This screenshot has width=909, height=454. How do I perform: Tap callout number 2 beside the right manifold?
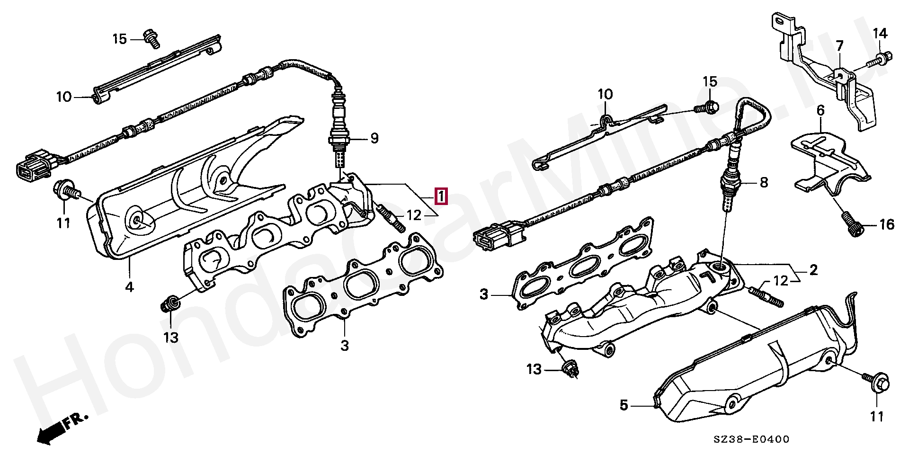[x=813, y=270]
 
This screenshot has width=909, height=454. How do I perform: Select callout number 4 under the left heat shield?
[x=129, y=286]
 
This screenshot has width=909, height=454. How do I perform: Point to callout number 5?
[x=624, y=405]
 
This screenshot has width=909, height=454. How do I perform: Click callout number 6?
[x=820, y=111]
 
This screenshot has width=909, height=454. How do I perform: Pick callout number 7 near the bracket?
[x=839, y=46]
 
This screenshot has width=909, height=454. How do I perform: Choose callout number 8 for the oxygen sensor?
[x=763, y=182]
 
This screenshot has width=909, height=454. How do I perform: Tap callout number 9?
[x=374, y=139]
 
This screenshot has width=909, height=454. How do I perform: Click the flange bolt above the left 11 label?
[x=65, y=190]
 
